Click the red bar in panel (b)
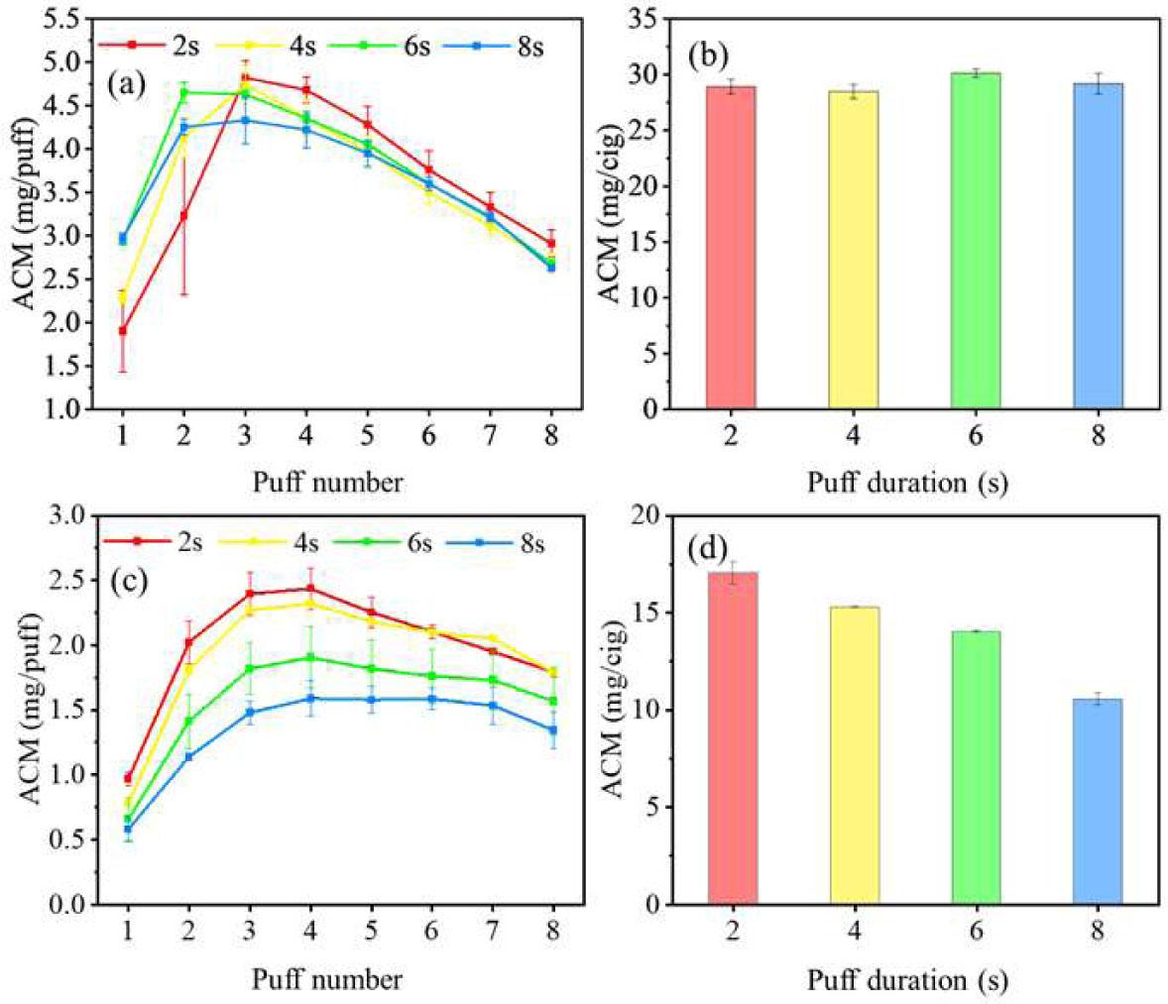pyautogui.click(x=731, y=248)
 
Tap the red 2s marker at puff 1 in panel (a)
pyautogui.click(x=123, y=331)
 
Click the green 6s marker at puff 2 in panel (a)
pyautogui.click(x=183, y=92)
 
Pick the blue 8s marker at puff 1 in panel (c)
pyautogui.click(x=127, y=830)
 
